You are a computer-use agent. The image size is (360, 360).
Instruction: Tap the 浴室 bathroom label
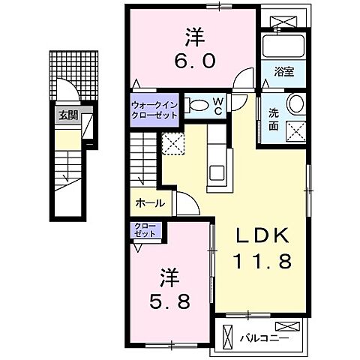[x=283, y=73]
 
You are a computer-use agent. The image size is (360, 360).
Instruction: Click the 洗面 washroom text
[x=274, y=119]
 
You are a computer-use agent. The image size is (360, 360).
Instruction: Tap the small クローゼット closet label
[x=145, y=229]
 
